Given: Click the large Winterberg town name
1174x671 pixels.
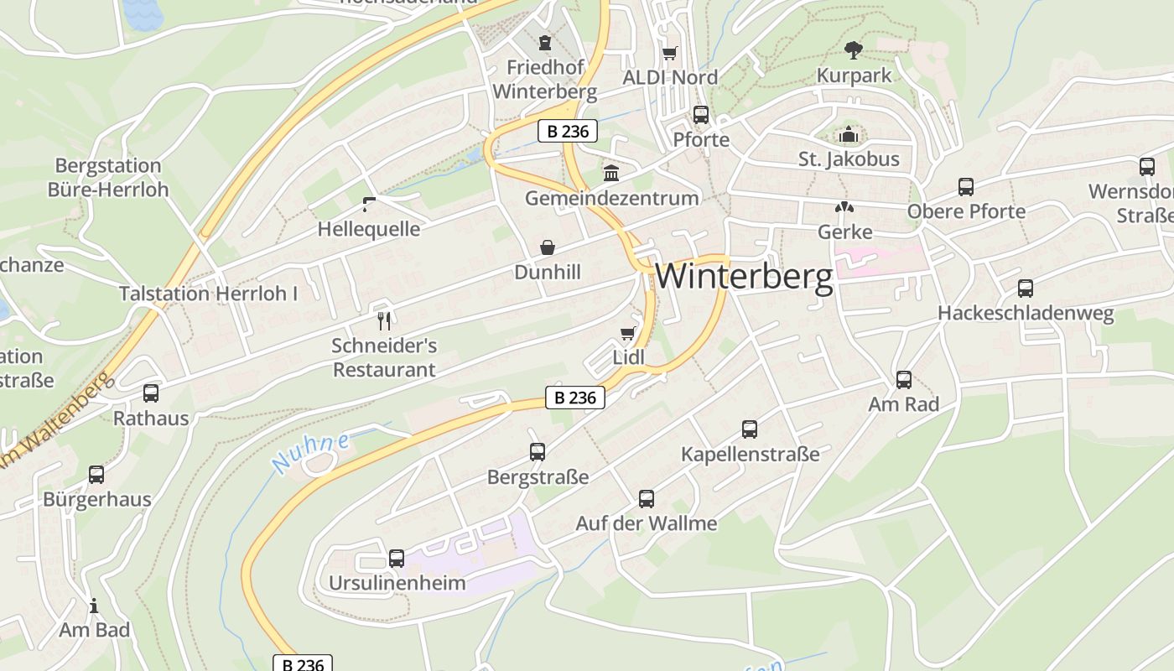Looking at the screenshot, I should pyautogui.click(x=744, y=277).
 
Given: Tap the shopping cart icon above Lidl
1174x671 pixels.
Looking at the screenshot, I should pyautogui.click(x=627, y=334).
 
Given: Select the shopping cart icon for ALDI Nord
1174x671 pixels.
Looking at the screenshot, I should pyautogui.click(x=669, y=54).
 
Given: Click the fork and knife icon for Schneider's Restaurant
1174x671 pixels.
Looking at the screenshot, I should pyautogui.click(x=384, y=320).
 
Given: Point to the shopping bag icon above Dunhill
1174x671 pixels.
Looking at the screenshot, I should pyautogui.click(x=548, y=247).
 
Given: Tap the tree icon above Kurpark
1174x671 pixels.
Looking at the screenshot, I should pyautogui.click(x=854, y=50).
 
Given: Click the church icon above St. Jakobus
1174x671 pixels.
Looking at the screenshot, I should pyautogui.click(x=849, y=134).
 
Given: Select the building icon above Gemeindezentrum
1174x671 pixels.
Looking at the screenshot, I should pyautogui.click(x=611, y=174).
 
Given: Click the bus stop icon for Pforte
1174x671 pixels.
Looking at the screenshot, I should pyautogui.click(x=700, y=115).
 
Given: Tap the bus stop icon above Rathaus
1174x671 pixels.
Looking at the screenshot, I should pyautogui.click(x=151, y=393).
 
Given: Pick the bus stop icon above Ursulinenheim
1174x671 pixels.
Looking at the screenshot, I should pyautogui.click(x=397, y=558).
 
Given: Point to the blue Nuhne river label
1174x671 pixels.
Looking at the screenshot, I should pyautogui.click(x=310, y=452).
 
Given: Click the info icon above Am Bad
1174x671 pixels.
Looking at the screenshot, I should pyautogui.click(x=94, y=606).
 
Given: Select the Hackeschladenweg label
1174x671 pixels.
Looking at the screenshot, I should pyautogui.click(x=1026, y=314).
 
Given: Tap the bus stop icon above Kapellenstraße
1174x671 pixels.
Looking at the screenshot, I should pyautogui.click(x=750, y=429).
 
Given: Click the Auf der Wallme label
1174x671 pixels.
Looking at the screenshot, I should pyautogui.click(x=646, y=524).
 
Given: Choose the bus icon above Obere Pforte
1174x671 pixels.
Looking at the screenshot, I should pyautogui.click(x=966, y=186).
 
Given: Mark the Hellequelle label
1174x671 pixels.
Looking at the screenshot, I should pyautogui.click(x=369, y=229).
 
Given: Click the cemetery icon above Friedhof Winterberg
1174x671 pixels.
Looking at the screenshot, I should pyautogui.click(x=545, y=42).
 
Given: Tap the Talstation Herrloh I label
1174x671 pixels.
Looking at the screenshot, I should pyautogui.click(x=208, y=294).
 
